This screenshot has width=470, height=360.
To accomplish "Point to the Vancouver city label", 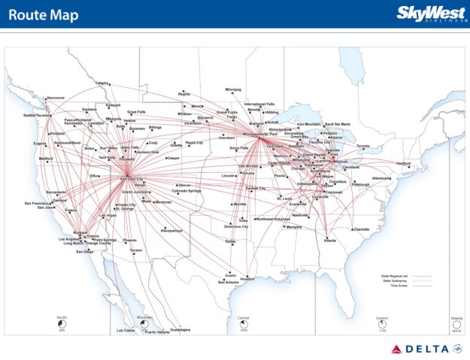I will [x=55, y=98].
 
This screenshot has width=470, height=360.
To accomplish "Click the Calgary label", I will [x=102, y=82].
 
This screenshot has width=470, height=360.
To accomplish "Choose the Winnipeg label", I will [x=233, y=89].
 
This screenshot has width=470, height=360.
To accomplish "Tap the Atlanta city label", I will [x=330, y=241].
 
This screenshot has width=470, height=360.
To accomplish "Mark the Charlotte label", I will [x=361, y=229].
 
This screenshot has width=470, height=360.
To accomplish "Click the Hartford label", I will [x=404, y=163].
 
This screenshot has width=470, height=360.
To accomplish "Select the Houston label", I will [x=247, y=279].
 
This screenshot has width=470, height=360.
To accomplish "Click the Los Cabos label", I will [x=126, y=331].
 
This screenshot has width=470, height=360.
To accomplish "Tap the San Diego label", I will [x=84, y=252].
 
